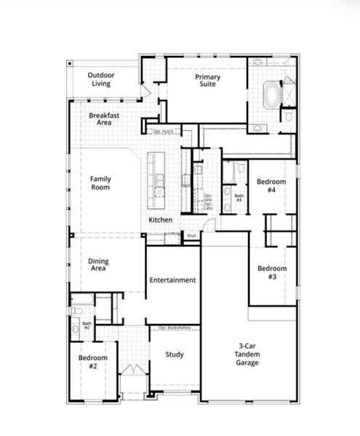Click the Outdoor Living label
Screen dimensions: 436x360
point(101,79)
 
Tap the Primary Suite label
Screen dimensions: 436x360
point(207,81)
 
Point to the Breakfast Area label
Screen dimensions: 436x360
point(104,119)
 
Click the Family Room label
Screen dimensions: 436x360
point(100,182)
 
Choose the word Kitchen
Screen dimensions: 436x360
point(161,219)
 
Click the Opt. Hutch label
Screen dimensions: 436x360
point(163,131)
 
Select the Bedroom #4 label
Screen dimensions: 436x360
point(271,185)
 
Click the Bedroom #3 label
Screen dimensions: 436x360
point(272,272)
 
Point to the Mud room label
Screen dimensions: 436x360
point(191,235)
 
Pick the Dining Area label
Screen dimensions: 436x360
point(99,265)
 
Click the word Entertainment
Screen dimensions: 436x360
point(172,280)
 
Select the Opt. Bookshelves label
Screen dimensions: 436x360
point(175,328)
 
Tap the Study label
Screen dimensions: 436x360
point(175,355)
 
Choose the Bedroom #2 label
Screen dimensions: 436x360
point(93,362)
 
